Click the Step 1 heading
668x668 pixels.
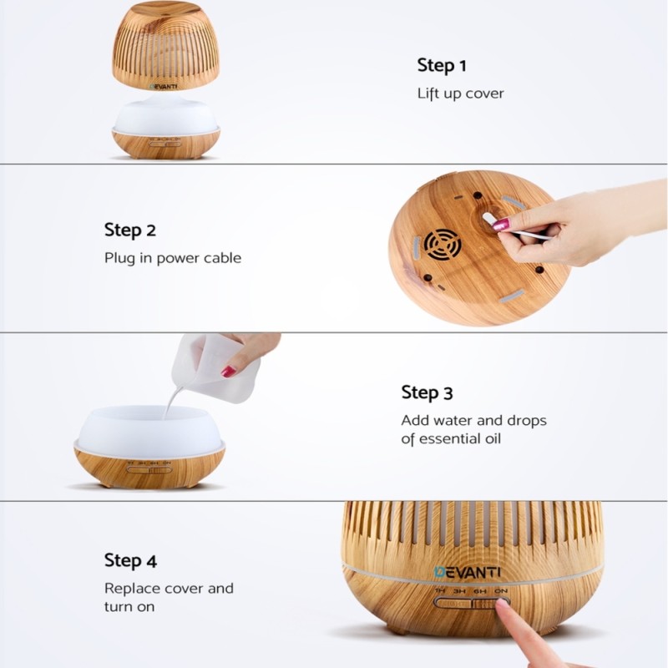coord(442,66)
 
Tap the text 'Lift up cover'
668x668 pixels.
coord(461,94)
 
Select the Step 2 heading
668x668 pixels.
coord(130,230)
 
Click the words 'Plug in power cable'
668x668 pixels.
coord(173,258)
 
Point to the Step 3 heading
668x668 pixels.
coord(427,392)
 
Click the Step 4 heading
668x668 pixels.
coord(130,560)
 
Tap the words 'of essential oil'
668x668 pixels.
coord(451,439)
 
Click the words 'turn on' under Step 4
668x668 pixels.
coord(129,607)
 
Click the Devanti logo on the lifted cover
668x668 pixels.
coord(164,87)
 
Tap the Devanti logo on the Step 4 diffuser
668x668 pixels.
coord(468,572)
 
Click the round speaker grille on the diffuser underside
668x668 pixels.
coord(443,245)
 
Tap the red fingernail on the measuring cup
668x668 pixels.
coord(229,371)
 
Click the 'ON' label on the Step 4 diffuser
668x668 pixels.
coord(500,591)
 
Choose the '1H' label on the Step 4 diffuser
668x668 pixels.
coord(440,591)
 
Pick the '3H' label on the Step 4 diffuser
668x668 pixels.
coord(459,591)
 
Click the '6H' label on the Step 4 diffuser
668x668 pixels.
coord(479,591)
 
